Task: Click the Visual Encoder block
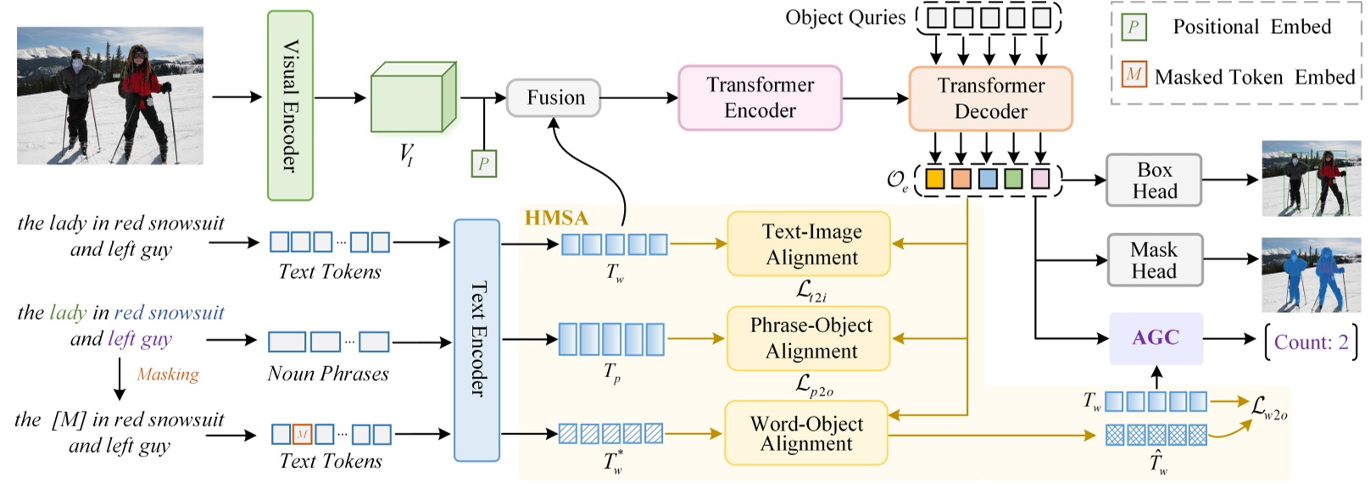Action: click(x=290, y=106)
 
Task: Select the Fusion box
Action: click(x=554, y=98)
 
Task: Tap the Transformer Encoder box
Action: click(x=760, y=98)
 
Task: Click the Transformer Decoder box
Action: click(x=990, y=99)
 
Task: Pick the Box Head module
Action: click(x=1154, y=181)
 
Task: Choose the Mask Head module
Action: click(x=1154, y=260)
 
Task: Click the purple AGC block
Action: click(x=1156, y=338)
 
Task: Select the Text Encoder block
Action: click(x=476, y=340)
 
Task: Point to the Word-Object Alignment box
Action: click(x=805, y=433)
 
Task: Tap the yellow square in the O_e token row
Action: click(x=934, y=179)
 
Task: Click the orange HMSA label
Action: click(x=556, y=218)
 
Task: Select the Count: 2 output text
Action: click(x=1310, y=342)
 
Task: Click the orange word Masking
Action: click(x=168, y=375)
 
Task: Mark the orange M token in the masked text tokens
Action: click(x=303, y=435)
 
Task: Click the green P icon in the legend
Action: click(x=1133, y=27)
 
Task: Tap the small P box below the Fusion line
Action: click(x=483, y=164)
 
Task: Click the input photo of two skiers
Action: click(x=110, y=96)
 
